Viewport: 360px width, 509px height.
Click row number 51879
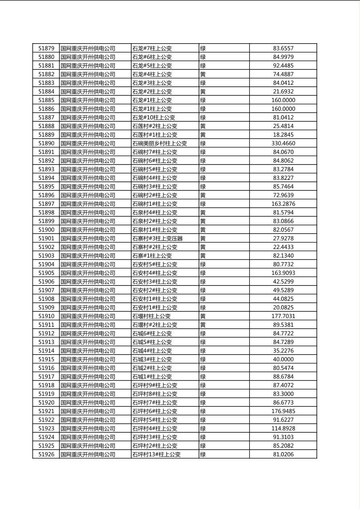coord(46,48)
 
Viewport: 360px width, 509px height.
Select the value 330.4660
coord(283,143)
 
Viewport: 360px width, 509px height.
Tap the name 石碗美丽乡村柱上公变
coord(159,143)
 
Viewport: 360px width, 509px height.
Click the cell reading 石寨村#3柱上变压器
coord(157,238)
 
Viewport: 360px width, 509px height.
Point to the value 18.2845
coord(283,135)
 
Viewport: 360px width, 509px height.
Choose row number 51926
coord(46,454)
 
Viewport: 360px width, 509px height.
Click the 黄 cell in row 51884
coord(203,92)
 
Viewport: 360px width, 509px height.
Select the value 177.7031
coord(283,316)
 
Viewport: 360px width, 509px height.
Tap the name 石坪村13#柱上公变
coord(156,454)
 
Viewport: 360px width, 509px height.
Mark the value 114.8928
coord(283,428)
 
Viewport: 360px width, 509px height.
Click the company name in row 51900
coord(88,229)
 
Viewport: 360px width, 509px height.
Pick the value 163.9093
coord(283,273)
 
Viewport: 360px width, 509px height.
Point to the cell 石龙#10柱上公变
coord(153,117)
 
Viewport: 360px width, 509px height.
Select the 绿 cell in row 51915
coord(203,359)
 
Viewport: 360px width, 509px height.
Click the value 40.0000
coord(283,359)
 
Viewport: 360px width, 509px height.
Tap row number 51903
coord(46,256)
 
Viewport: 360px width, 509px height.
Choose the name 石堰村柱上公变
coord(151,316)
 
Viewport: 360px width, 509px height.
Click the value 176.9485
coord(283,411)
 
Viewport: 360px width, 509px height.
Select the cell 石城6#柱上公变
coord(152,334)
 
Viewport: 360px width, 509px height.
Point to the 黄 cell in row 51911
coord(203,325)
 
